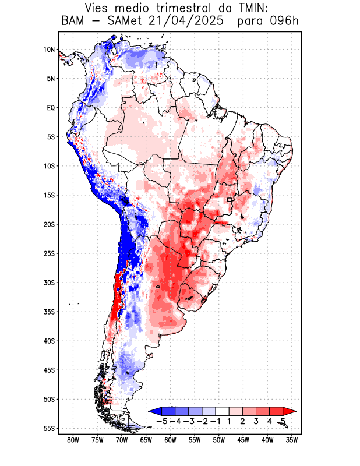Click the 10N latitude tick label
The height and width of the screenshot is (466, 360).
[49, 50]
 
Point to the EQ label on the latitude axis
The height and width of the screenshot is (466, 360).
[50, 108]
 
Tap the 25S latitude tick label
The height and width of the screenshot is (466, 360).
[49, 253]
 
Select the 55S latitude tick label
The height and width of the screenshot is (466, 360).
[49, 428]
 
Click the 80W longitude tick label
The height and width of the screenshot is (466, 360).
[73, 440]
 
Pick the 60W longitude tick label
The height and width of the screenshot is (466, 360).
[170, 440]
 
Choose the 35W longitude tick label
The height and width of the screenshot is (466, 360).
[292, 440]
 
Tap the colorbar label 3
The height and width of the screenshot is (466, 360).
[256, 421]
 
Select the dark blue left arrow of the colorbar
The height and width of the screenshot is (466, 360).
[154, 411]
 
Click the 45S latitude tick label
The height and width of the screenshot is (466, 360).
[49, 370]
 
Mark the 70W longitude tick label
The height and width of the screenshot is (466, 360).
[122, 440]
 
